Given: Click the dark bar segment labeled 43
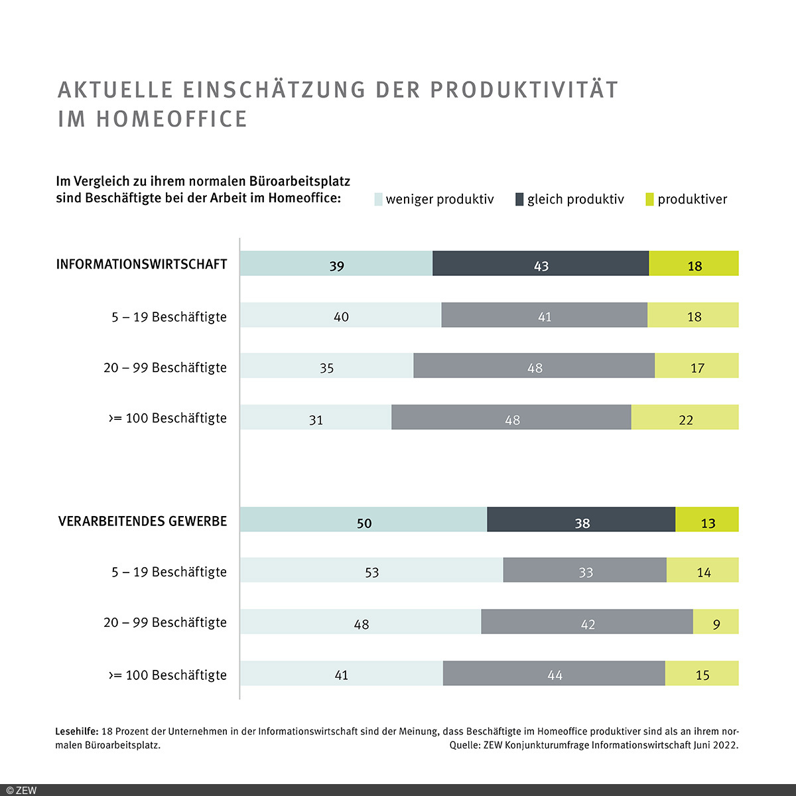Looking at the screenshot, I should tap(541, 263).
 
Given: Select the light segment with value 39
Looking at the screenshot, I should tap(336, 263).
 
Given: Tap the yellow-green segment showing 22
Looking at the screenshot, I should tap(685, 417).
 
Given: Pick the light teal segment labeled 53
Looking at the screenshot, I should tap(371, 570).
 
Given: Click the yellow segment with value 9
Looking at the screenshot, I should tap(716, 622).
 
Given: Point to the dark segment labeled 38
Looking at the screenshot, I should tap(581, 519).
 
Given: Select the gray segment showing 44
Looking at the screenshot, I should tap(554, 673).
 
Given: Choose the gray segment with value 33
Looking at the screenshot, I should tap(584, 570).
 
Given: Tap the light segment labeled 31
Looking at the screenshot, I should tap(316, 417).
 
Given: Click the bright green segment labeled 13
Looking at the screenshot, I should tap(707, 519).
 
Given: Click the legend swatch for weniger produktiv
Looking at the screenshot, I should tap(379, 199).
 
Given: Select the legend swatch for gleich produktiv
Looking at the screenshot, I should tap(519, 199).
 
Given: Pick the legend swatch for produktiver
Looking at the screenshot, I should tap(649, 199).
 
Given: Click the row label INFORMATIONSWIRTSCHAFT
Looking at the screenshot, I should tap(141, 264).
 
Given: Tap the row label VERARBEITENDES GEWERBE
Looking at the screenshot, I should tap(143, 521).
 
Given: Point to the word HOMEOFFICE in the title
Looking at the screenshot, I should tap(172, 119).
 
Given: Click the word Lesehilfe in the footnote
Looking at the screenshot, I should tap(76, 732).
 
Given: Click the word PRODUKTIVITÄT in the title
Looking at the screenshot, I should tap(524, 90).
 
